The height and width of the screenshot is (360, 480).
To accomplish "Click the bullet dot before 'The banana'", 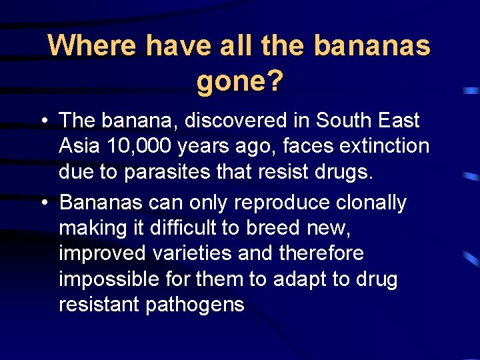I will pyautogui.click(x=43, y=121).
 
